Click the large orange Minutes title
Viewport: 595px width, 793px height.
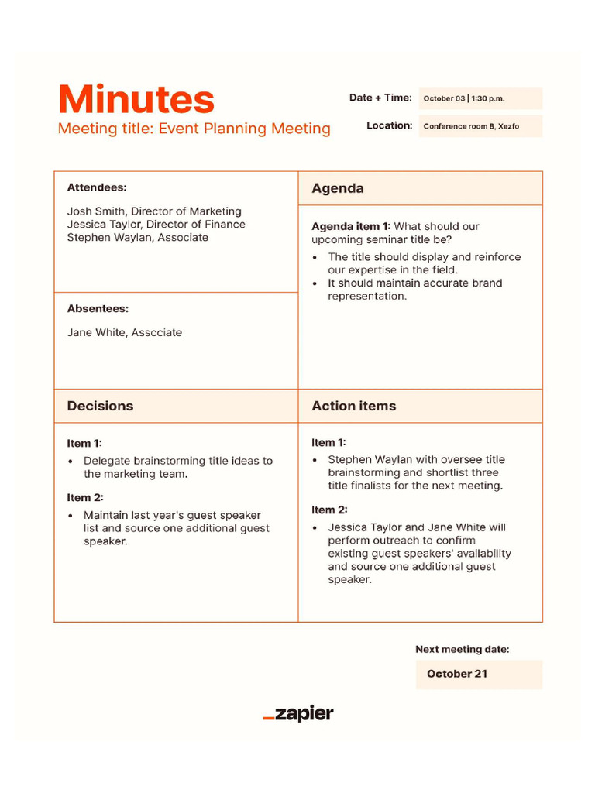point(136,100)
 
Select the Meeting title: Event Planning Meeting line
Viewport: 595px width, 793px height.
point(194,129)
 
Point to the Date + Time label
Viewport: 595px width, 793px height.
point(380,98)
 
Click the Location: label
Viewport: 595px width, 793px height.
point(389,125)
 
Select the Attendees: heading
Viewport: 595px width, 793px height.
point(97,187)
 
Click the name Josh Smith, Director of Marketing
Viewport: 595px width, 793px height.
point(154,211)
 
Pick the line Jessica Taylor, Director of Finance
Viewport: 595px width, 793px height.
point(156,225)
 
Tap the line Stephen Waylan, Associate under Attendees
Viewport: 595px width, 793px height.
point(137,238)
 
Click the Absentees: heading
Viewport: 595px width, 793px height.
point(98,308)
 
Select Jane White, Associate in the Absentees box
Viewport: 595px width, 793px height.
point(125,332)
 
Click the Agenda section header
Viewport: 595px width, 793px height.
point(338,188)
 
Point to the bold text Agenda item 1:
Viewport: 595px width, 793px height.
point(351,227)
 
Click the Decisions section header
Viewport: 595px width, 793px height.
point(100,406)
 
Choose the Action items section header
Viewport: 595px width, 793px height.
point(353,406)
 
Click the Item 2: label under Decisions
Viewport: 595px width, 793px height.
point(84,498)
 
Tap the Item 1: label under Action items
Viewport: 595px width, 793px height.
point(328,443)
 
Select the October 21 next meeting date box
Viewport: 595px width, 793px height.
point(478,674)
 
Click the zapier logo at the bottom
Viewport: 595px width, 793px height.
point(298,714)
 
